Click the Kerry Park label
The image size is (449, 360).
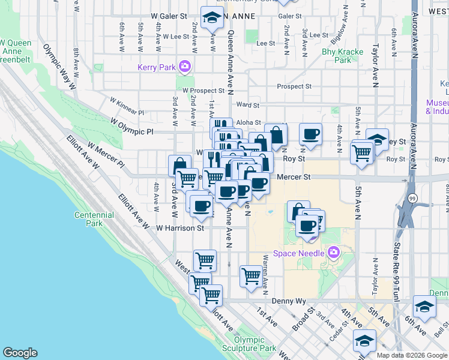tap(157, 67)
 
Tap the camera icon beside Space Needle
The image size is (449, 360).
tap(334, 253)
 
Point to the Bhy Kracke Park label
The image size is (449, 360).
tap(342, 56)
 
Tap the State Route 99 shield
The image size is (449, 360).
tap(412, 198)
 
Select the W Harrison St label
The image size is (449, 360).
tap(180, 228)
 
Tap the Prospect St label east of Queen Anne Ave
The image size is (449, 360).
tap(294, 86)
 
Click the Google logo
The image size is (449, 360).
tap(20, 353)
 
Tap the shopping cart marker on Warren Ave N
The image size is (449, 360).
tap(252, 276)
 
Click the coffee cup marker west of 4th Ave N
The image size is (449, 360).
tap(310, 134)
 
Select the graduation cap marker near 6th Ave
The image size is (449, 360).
tap(424, 307)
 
